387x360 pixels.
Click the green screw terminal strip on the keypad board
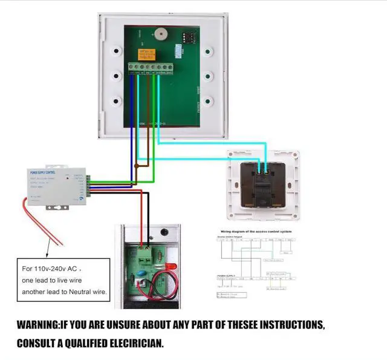(151, 67)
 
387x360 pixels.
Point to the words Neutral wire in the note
(86, 292)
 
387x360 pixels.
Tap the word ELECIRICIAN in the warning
(134, 343)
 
